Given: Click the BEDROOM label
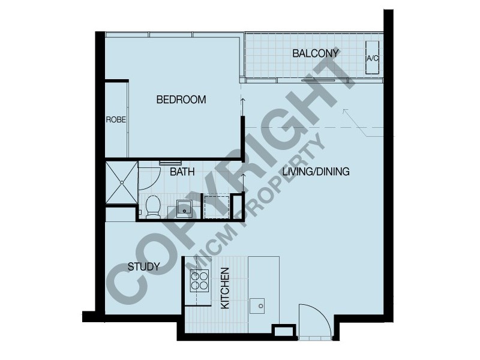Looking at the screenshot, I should pyautogui.click(x=181, y=100).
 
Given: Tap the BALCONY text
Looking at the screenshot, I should pyautogui.click(x=316, y=53).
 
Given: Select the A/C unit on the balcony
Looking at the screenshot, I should pyautogui.click(x=373, y=58).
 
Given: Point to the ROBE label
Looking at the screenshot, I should pyautogui.click(x=116, y=119).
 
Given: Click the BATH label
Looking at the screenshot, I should pyautogui.click(x=182, y=172).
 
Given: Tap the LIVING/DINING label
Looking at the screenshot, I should pyautogui.click(x=316, y=172).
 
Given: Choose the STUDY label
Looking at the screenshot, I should pyautogui.click(x=143, y=266).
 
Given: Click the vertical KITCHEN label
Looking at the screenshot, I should pyautogui.click(x=226, y=288).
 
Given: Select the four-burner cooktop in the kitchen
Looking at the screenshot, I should pyautogui.click(x=199, y=280).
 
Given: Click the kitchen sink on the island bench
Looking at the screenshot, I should pyautogui.click(x=260, y=305).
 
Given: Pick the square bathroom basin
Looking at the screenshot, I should pyautogui.click(x=184, y=208).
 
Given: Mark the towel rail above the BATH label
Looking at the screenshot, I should pyautogui.click(x=170, y=162).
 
